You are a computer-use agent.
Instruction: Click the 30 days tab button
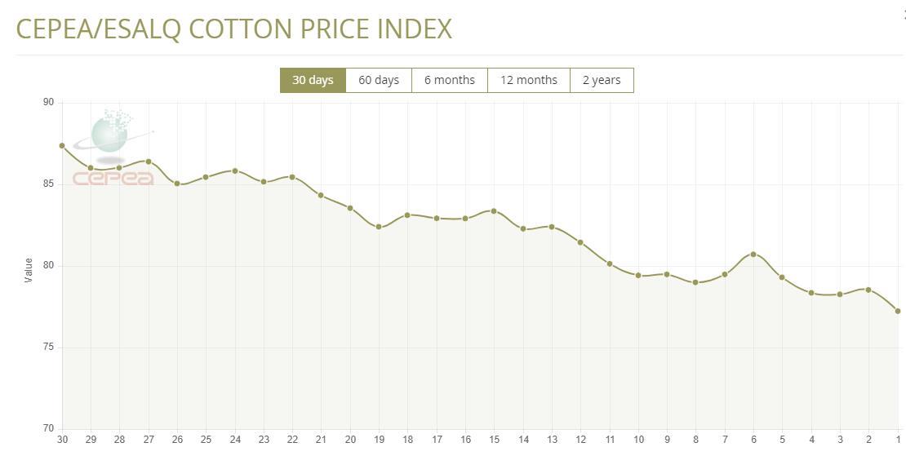(x=313, y=80)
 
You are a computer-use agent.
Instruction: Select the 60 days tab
(x=379, y=80)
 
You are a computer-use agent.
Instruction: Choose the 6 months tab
(x=449, y=80)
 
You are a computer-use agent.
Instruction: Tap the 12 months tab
(x=528, y=80)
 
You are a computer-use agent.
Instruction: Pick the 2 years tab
(x=602, y=80)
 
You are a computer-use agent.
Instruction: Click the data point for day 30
(x=62, y=146)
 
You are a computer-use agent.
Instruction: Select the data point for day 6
(x=753, y=255)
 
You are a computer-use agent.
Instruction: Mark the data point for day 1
(x=898, y=311)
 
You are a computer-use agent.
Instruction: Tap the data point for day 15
(x=494, y=211)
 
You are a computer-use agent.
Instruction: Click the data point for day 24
(x=235, y=170)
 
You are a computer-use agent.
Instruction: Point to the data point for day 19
(x=379, y=227)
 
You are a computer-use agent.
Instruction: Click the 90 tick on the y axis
(x=48, y=102)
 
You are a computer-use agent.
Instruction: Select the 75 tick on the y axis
(x=48, y=348)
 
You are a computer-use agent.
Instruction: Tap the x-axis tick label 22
(x=292, y=440)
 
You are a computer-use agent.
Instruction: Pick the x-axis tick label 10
(x=638, y=440)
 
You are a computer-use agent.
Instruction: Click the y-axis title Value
(x=29, y=270)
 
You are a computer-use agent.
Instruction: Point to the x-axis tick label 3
(x=840, y=440)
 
